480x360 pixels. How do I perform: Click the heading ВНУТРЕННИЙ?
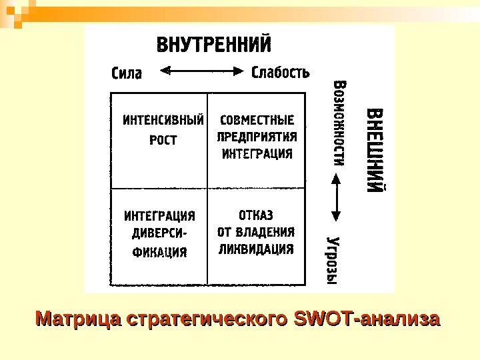tap(213, 46)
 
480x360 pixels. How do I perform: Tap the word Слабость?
tap(281, 71)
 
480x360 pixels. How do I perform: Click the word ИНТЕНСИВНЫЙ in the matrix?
tap(163, 121)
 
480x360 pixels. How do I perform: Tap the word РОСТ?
tap(163, 141)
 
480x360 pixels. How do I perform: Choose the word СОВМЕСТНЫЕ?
tap(257, 121)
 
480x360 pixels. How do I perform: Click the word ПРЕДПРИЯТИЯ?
tap(257, 137)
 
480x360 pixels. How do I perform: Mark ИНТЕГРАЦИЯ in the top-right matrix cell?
tap(257, 154)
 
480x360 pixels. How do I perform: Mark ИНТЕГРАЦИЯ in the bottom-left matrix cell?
tap(160, 216)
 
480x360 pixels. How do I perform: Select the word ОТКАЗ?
tap(256, 215)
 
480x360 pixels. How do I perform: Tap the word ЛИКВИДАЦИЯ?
tap(256, 249)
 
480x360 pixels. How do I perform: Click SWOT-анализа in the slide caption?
tap(367, 319)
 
